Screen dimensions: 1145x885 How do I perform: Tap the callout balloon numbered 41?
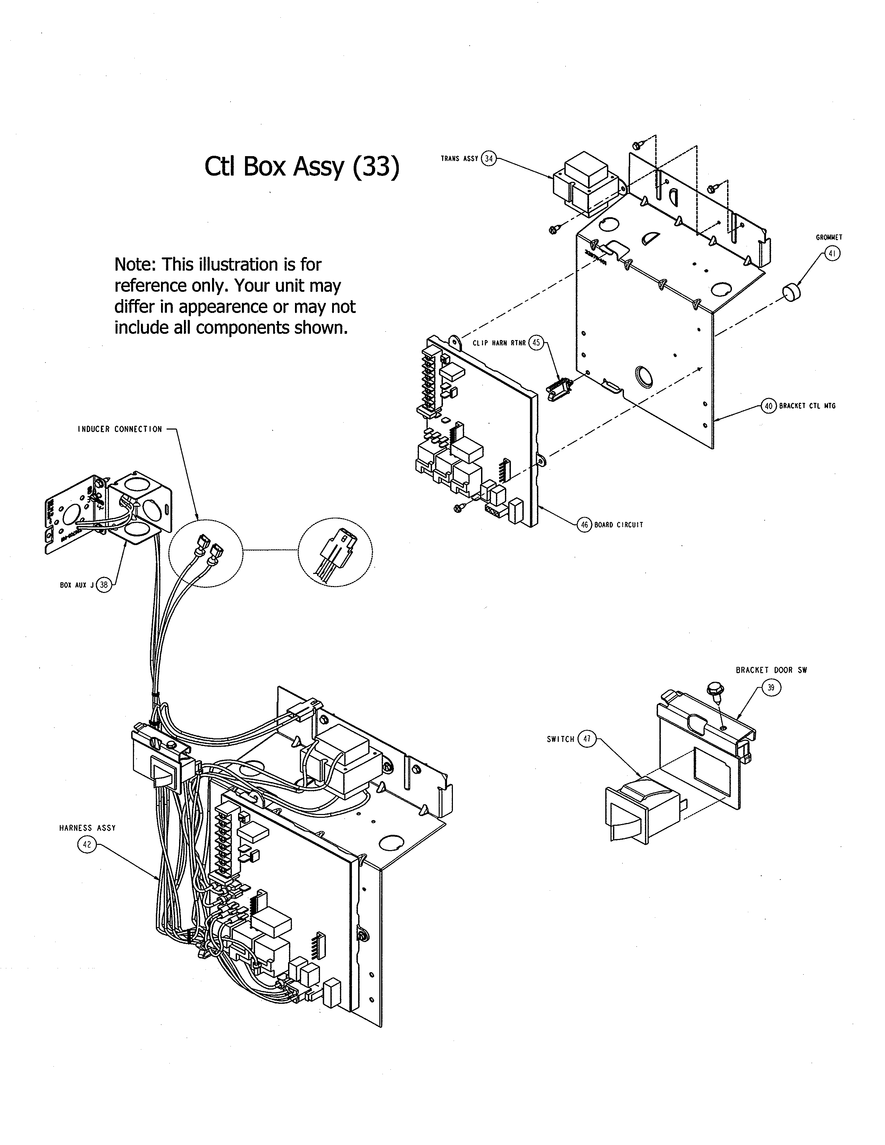coord(833,254)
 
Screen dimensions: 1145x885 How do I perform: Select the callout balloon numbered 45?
coord(536,343)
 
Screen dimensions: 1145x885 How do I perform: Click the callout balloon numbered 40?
coord(769,406)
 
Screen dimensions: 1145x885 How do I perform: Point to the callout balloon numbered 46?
coord(584,525)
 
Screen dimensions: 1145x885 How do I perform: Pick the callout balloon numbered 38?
coord(104,585)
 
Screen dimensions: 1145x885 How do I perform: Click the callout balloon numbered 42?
coord(87,845)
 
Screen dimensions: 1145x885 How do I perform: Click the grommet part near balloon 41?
coord(792,291)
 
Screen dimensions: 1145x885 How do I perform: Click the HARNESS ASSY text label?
coord(87,828)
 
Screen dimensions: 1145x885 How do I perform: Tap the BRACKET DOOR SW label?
coord(771,670)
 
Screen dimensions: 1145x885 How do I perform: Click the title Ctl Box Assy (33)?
coord(302,167)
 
